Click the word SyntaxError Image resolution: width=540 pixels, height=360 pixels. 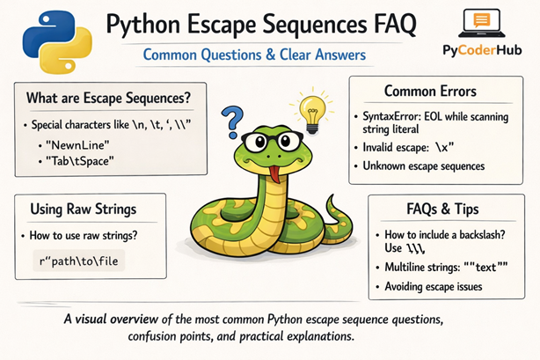pyautogui.click(x=393, y=116)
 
